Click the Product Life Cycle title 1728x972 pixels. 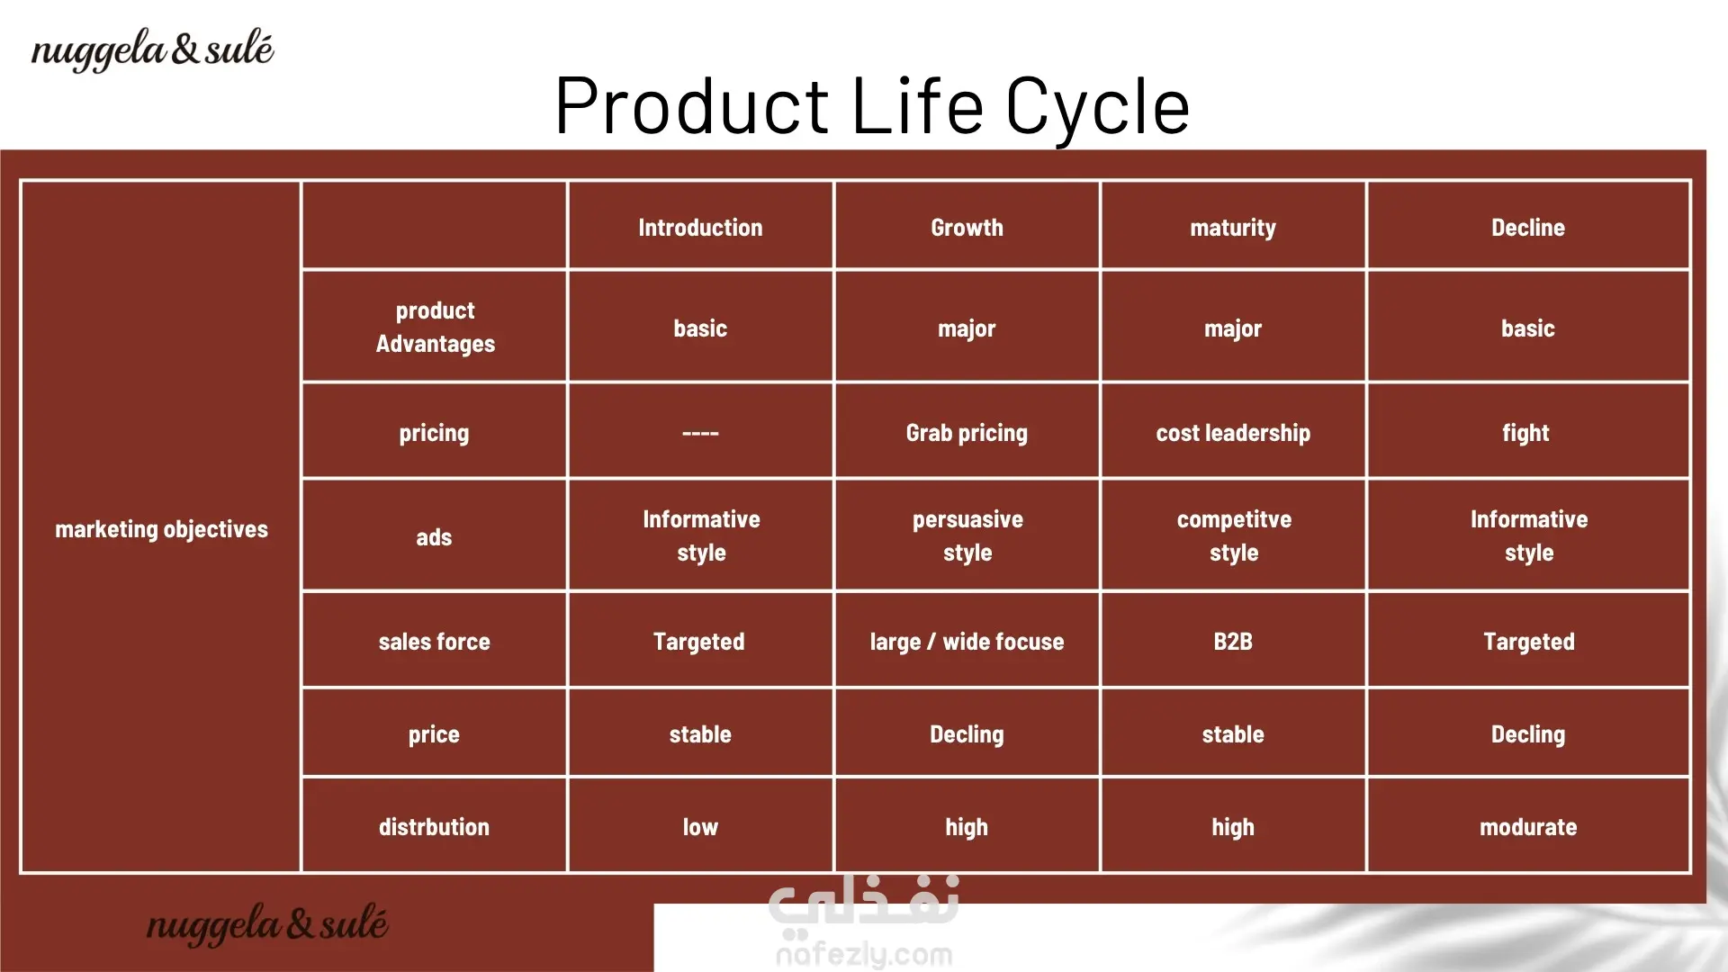872,106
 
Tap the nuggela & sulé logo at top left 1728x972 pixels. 152,49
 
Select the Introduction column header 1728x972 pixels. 700,228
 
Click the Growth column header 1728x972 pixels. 967,228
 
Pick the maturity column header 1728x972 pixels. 1233,229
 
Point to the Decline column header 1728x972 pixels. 1528,228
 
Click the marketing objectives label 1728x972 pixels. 161,529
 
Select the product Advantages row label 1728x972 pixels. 436,327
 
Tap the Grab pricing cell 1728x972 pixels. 967,434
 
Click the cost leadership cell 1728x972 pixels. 1233,434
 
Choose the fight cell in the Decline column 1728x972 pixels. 1525,434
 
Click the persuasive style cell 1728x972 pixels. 967,535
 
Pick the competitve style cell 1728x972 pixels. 1234,535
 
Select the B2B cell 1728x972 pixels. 1233,642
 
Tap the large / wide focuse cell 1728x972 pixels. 967,642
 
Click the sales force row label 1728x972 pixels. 434,642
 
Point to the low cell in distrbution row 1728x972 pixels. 700,827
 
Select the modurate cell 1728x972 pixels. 1528,827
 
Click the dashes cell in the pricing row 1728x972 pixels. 700,434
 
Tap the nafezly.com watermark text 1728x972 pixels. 864,954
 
